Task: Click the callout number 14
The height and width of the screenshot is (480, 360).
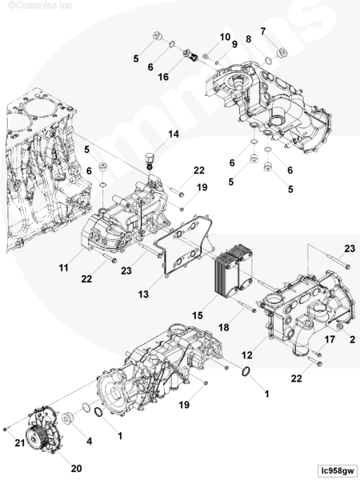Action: (174, 134)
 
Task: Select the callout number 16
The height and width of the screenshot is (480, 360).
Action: (163, 77)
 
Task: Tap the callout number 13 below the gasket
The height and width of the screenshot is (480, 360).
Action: (143, 294)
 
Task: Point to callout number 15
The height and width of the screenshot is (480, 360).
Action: (198, 315)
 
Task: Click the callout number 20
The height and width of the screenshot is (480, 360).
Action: (76, 468)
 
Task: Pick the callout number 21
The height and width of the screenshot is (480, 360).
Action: (20, 442)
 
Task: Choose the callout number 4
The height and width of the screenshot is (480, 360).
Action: (89, 441)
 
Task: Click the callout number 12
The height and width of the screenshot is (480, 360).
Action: (246, 355)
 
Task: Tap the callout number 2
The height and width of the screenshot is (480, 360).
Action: (352, 339)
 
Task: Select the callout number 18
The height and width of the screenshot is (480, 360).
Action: (223, 327)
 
